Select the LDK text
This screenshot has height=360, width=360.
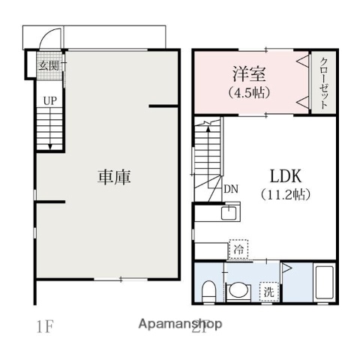click(x=285, y=177)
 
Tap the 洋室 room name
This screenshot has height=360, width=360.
click(x=248, y=75)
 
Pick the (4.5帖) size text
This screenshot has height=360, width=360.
click(x=248, y=94)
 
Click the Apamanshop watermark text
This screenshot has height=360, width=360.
click(x=180, y=325)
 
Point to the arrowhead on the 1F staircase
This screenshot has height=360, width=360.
click(x=49, y=147)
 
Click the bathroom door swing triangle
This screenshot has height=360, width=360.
click(x=287, y=266)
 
